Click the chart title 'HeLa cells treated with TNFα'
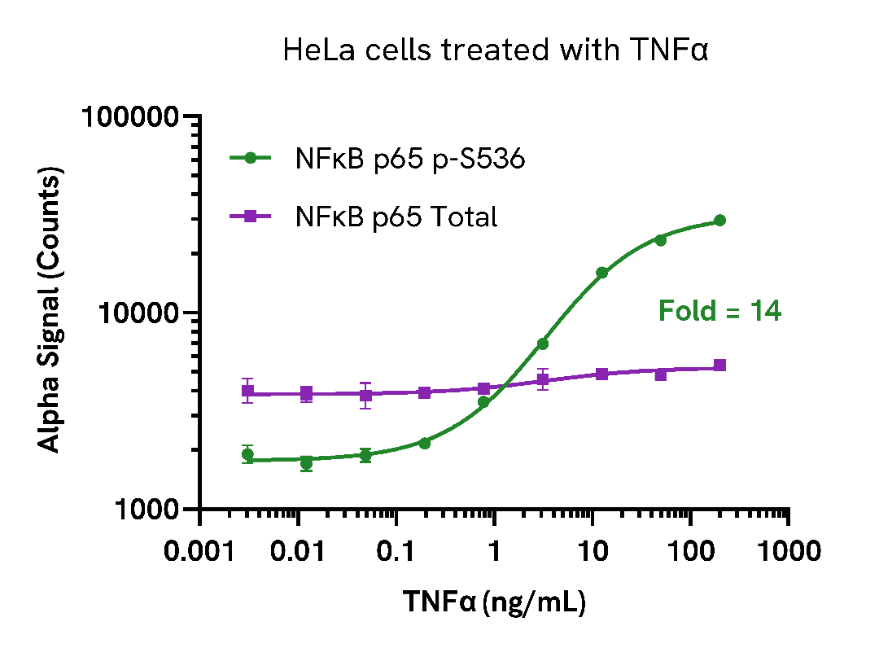point(496,50)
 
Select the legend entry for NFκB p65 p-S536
point(409,159)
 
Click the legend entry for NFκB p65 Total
point(396,217)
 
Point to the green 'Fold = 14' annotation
point(719,311)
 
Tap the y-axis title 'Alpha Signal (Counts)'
point(50,312)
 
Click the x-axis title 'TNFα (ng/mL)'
point(494,602)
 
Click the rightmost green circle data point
point(719,221)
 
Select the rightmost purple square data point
point(719,366)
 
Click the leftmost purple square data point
point(247,391)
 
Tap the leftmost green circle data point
point(247,454)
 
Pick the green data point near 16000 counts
point(602,273)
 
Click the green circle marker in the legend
point(251,159)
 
